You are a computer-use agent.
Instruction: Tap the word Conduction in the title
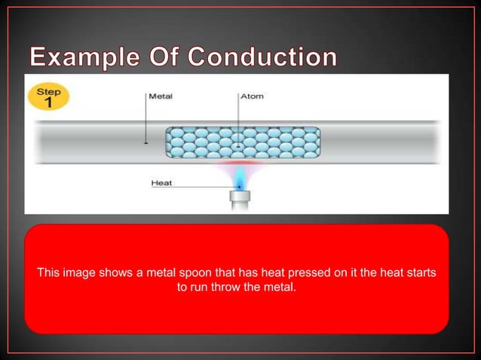264,56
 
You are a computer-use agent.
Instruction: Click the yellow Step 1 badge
48,98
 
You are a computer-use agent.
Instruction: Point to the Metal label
161,96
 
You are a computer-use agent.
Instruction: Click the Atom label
251,96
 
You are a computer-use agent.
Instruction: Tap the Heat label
162,182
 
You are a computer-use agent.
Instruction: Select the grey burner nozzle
239,199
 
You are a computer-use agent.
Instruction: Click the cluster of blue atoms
243,142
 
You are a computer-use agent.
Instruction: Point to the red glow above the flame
239,162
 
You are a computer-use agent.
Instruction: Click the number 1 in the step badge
48,104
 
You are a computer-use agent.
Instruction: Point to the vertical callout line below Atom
239,121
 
